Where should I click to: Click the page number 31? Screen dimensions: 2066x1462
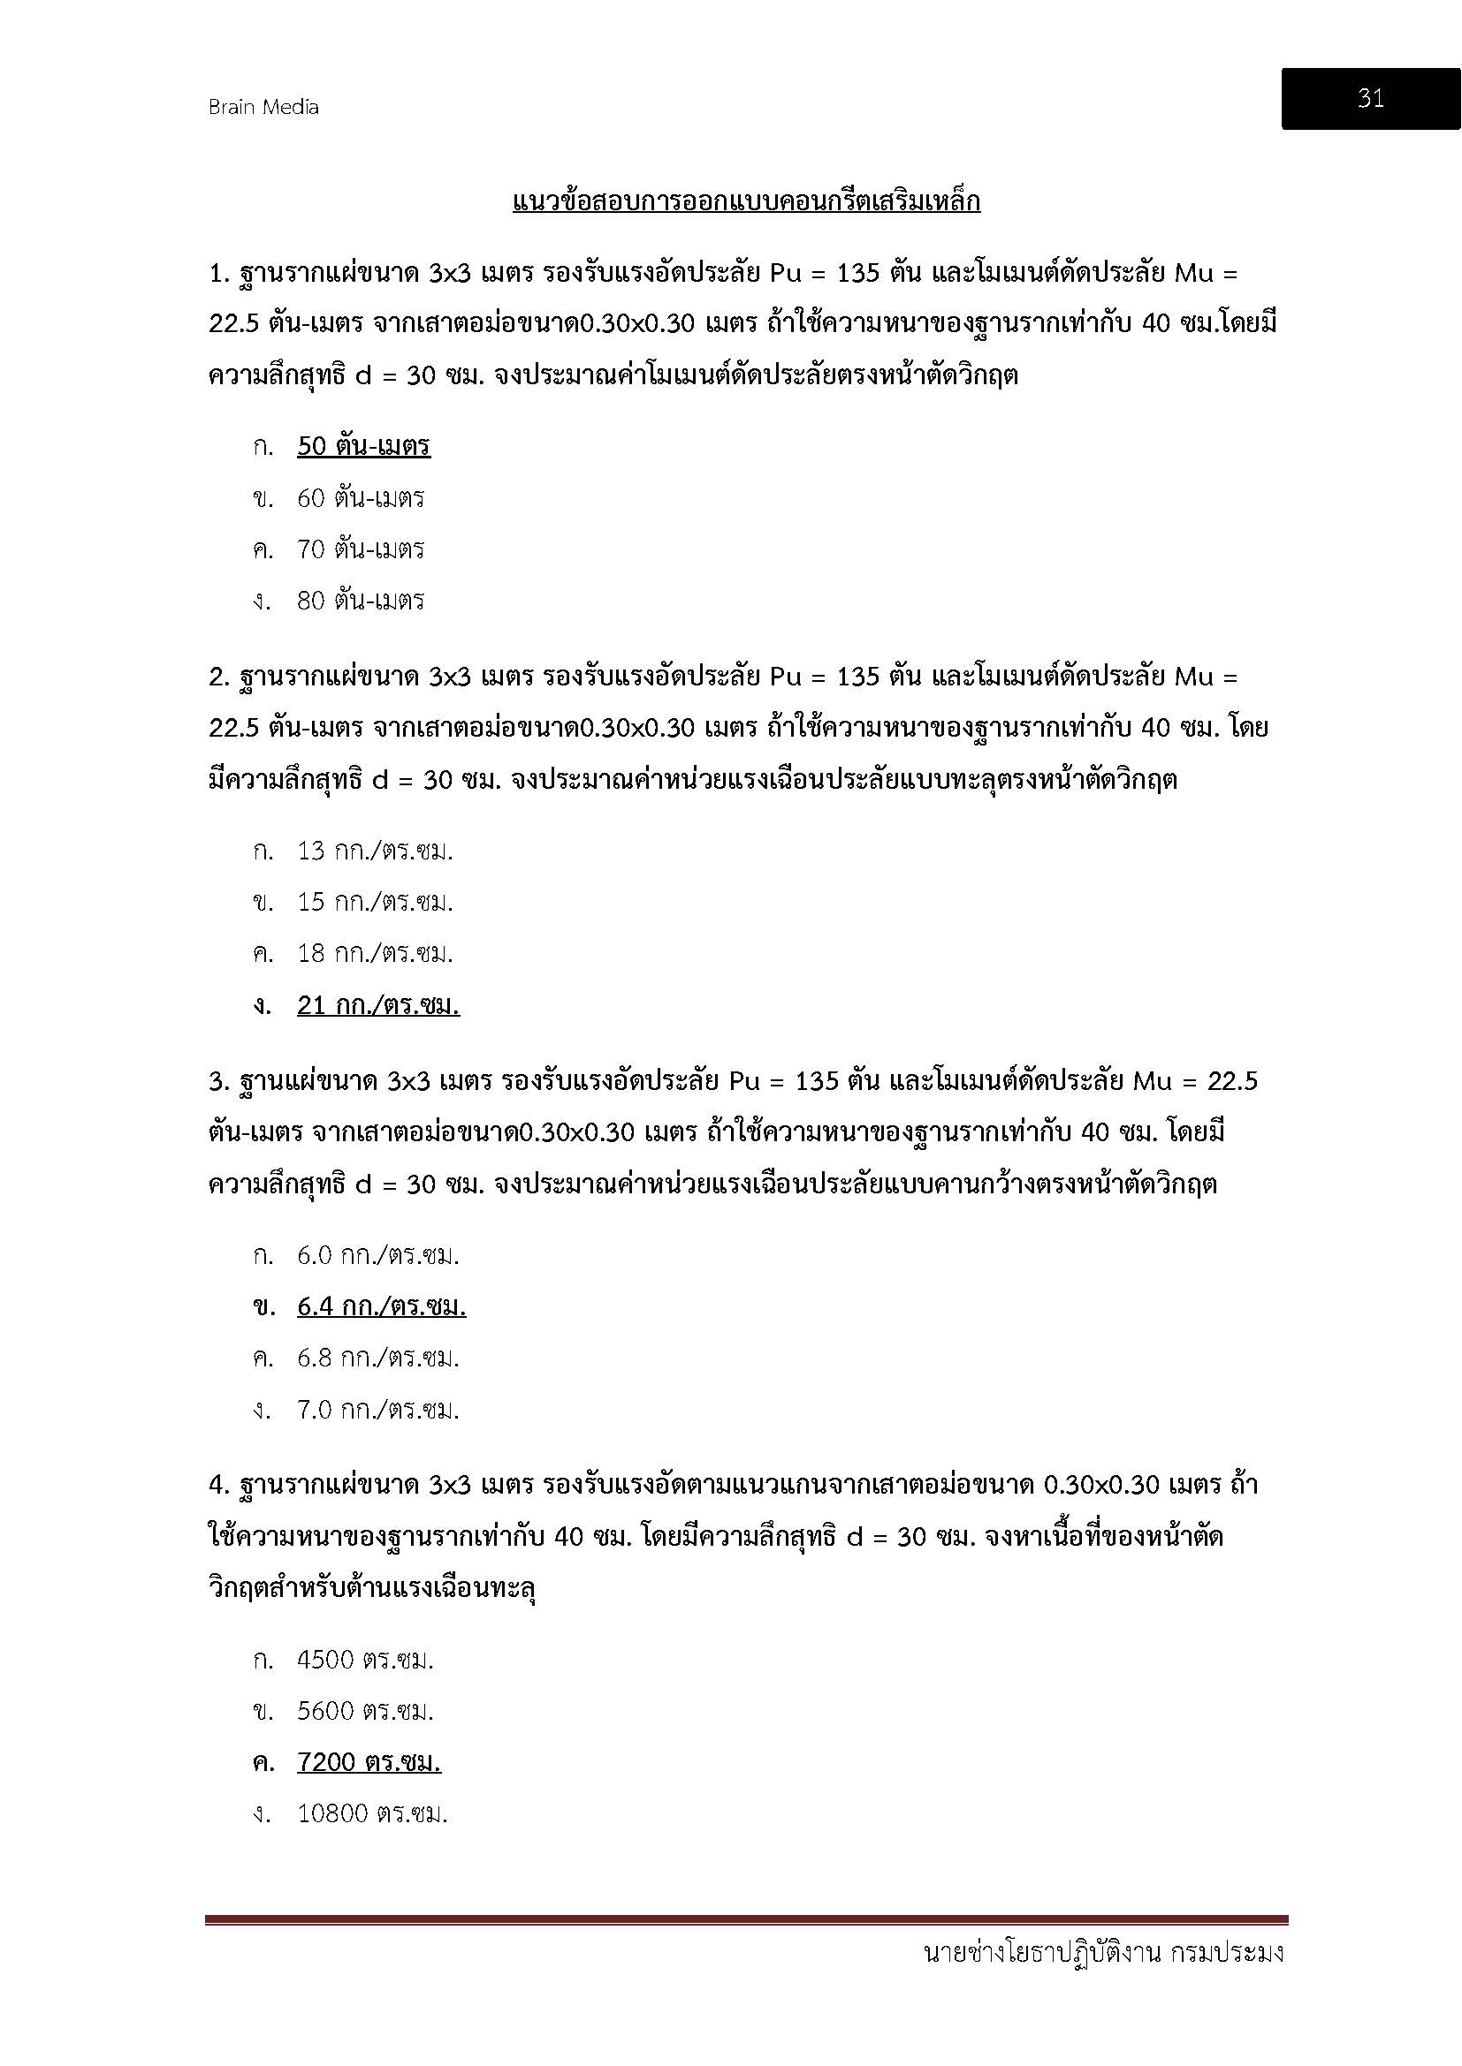[x=1370, y=99]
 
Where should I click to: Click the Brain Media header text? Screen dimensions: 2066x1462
[x=263, y=107]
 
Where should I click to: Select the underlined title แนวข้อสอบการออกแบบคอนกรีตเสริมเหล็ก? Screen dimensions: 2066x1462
[x=746, y=201]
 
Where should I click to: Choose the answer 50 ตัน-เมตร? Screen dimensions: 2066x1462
[x=363, y=446]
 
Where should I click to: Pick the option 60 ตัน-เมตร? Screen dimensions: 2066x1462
[x=360, y=497]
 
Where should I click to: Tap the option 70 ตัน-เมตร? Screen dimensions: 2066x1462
[x=360, y=549]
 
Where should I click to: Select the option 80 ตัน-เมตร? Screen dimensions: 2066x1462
[x=360, y=600]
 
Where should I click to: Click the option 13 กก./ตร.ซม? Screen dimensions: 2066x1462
[x=375, y=851]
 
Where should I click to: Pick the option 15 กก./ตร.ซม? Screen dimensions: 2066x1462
[x=375, y=902]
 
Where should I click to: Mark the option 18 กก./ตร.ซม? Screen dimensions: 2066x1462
[x=375, y=953]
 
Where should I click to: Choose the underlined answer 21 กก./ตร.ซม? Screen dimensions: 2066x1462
[x=378, y=1005]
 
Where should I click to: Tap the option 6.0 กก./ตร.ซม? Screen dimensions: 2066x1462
[x=378, y=1255]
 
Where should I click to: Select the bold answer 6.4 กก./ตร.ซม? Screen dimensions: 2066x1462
[x=382, y=1306]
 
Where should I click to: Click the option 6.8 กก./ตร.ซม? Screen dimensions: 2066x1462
[x=378, y=1358]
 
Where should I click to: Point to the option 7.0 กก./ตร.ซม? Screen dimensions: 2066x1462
[x=378, y=1409]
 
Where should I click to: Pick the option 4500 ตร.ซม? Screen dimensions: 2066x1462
[x=366, y=1660]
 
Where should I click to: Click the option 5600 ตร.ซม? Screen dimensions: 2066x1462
[x=366, y=1711]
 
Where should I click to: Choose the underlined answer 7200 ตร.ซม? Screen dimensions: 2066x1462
[x=369, y=1762]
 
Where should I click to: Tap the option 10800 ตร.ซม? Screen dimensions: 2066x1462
[x=373, y=1813]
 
